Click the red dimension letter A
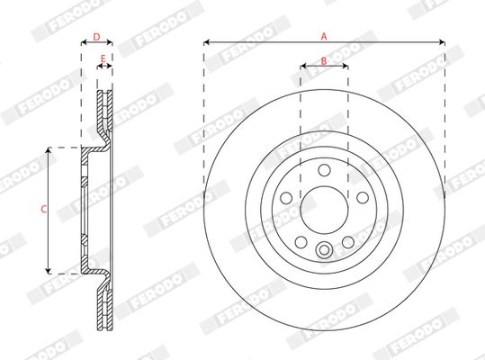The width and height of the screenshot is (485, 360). [324, 37]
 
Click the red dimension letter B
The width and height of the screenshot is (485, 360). [324, 61]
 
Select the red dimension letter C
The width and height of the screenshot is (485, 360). [44, 210]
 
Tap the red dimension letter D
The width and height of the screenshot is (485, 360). [97, 37]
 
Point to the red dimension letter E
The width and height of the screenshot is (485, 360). [103, 58]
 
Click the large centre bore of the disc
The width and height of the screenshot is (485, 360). [325, 211]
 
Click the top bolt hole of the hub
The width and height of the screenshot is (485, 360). [325, 170]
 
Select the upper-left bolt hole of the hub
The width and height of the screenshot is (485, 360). [286, 198]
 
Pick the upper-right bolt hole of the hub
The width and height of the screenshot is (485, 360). [363, 198]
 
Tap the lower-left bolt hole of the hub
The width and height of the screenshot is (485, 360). [301, 242]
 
